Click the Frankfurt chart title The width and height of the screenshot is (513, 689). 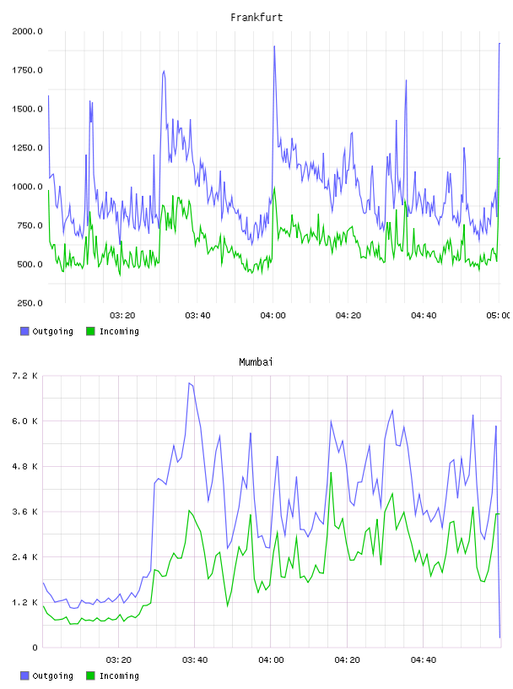pos(256,18)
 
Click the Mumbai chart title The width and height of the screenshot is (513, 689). pos(256,362)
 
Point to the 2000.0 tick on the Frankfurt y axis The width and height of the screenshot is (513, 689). pos(27,31)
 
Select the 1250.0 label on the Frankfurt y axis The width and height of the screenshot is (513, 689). pos(27,148)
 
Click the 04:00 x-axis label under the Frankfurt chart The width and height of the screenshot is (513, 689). pos(273,316)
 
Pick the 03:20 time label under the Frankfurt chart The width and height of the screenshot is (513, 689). pos(122,316)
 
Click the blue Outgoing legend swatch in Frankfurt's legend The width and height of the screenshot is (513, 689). pos(24,331)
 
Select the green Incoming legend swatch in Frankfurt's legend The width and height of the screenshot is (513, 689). pos(90,331)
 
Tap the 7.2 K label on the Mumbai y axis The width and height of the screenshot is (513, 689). pos(24,376)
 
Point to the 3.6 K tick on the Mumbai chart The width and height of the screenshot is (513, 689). pos(24,512)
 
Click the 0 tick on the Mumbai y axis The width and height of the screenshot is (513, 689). pos(35,648)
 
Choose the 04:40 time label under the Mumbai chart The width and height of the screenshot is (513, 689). pos(424,660)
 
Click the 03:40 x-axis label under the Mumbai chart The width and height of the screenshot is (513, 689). pos(195,660)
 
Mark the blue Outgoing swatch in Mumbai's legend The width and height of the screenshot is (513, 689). pos(24,675)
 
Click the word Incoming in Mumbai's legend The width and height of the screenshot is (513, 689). pos(119,675)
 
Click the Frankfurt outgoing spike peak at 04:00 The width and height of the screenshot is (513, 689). pos(274,46)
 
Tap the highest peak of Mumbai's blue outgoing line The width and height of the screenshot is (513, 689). pos(189,383)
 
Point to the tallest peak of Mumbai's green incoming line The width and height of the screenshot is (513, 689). pos(331,473)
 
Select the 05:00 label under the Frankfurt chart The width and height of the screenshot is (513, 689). pos(498,316)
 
